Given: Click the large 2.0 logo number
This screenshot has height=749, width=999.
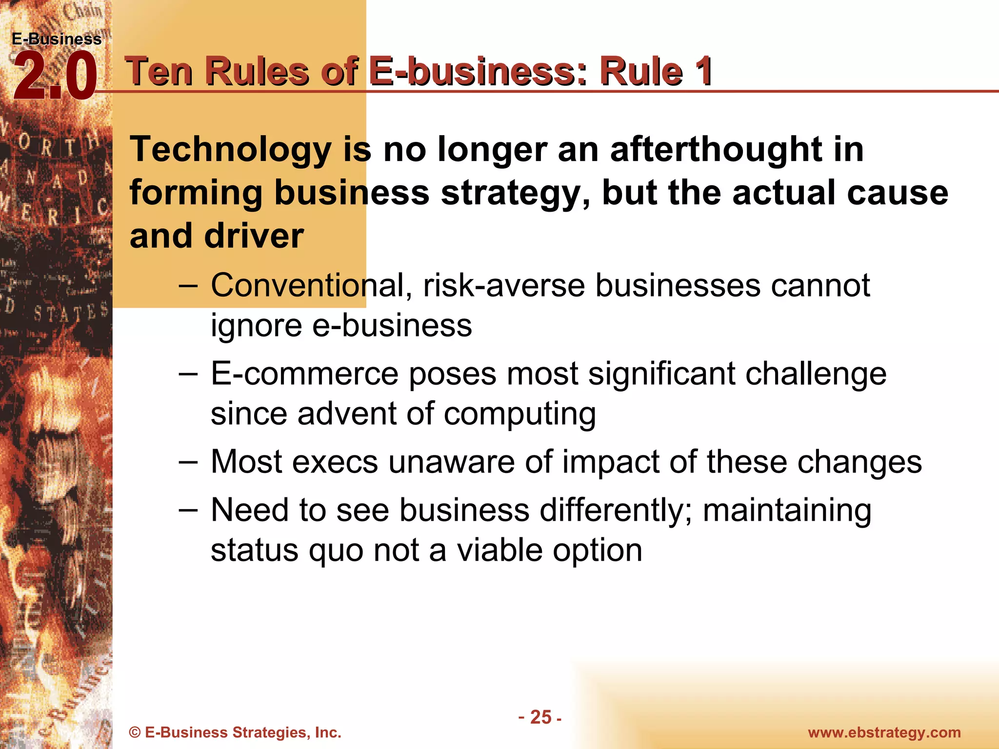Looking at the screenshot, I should (55, 77).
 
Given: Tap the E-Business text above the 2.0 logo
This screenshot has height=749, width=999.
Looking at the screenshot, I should (57, 39).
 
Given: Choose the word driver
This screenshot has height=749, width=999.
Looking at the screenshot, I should (254, 236).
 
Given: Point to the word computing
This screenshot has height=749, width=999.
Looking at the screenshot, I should (519, 415).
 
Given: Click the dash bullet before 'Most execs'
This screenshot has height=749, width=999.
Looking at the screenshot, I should (188, 461).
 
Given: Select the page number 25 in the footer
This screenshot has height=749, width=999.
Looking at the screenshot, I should (540, 717).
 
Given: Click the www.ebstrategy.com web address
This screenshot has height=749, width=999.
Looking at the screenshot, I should (884, 732).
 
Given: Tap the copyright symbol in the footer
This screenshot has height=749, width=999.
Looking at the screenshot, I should (135, 732).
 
